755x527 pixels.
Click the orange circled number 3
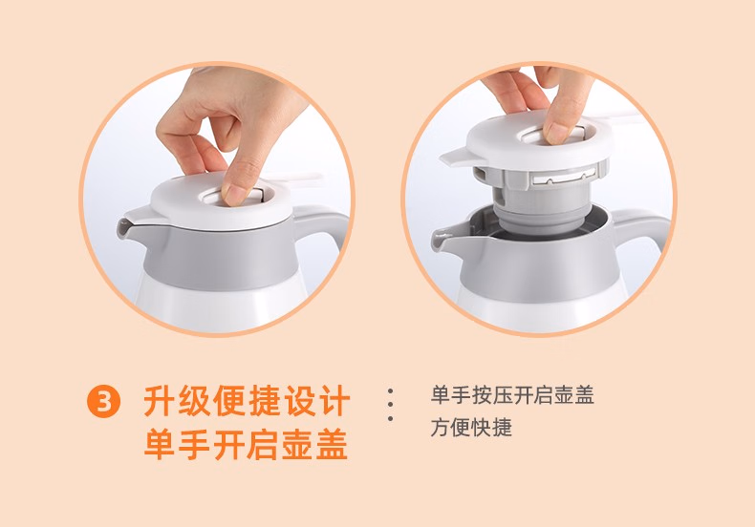[x=103, y=401]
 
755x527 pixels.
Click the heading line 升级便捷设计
[x=246, y=401]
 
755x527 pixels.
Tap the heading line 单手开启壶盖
[x=246, y=444]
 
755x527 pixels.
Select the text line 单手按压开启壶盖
[x=512, y=394]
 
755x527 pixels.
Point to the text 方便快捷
[x=471, y=428]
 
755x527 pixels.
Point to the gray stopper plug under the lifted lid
[x=540, y=201]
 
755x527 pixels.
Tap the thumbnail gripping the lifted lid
[x=557, y=134]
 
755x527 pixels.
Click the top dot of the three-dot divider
[x=390, y=391]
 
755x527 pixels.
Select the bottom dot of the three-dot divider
[x=390, y=419]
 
